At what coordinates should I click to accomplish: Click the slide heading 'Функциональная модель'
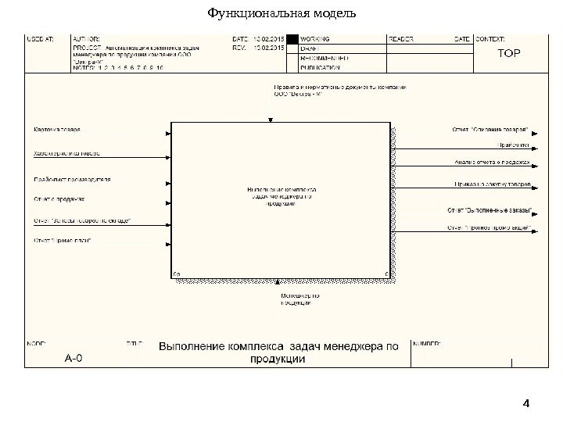[281, 13]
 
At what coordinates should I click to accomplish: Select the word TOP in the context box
[509, 54]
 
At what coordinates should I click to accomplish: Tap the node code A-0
[74, 359]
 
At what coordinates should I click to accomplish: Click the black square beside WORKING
[292, 38]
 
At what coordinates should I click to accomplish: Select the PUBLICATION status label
[321, 68]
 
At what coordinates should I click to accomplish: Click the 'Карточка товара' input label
[56, 130]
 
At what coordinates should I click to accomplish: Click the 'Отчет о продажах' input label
[59, 199]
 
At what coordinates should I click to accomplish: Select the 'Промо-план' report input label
[63, 241]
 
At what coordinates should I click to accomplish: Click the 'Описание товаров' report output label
[489, 129]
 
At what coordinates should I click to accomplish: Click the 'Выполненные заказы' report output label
[491, 209]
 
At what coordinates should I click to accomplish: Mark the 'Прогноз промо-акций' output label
[491, 228]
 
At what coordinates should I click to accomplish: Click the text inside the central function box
[281, 196]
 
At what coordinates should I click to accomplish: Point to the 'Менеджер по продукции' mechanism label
[300, 300]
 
